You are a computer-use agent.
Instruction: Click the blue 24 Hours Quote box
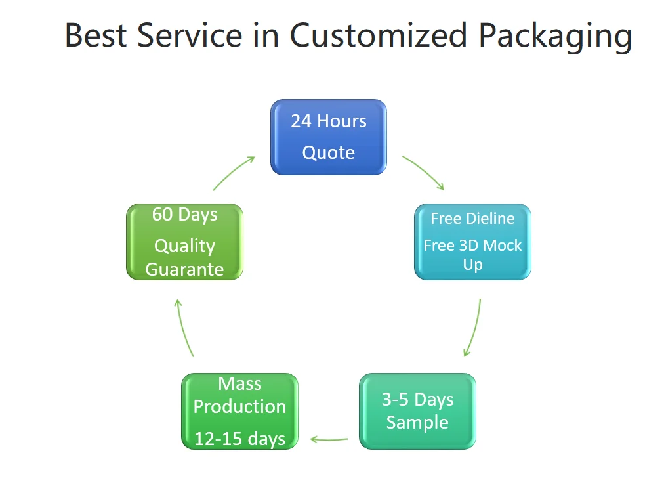coord(329,137)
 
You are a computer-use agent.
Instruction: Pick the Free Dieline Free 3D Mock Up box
coord(472,242)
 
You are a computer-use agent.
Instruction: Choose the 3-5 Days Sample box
coord(417,411)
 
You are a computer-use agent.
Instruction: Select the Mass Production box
coord(239,411)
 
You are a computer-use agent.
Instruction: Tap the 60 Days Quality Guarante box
coord(184,242)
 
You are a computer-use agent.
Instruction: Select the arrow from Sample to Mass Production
coord(329,439)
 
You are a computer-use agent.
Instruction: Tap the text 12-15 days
coord(239,439)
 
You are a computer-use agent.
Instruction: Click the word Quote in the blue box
coord(329,153)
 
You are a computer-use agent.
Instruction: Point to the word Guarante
coord(184,269)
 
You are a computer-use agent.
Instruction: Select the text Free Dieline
coord(472,219)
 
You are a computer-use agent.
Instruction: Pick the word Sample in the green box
coord(417,422)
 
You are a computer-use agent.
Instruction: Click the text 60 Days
coord(184,215)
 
